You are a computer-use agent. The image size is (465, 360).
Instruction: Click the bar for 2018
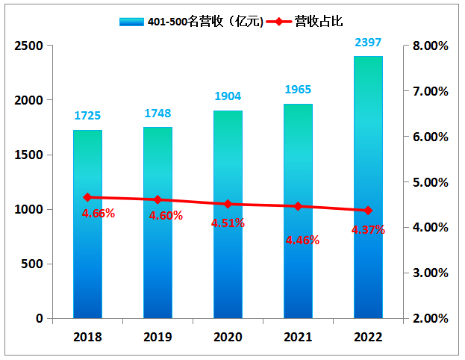(x=87, y=224)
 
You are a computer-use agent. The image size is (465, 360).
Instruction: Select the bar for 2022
(x=368, y=187)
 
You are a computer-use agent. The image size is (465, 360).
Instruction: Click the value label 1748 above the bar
(x=157, y=114)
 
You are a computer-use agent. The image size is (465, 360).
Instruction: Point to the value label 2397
(x=368, y=43)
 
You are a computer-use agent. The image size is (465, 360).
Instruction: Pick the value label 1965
(x=298, y=90)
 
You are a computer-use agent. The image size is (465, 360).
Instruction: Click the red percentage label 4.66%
(x=99, y=214)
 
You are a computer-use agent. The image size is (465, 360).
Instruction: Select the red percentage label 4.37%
(x=368, y=230)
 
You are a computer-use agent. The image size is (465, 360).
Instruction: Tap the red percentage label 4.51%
(x=228, y=223)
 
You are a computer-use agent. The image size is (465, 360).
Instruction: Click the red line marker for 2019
(x=157, y=199)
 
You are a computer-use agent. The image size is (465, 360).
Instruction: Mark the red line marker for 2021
(x=298, y=206)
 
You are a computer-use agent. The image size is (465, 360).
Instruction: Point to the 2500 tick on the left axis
(x=29, y=46)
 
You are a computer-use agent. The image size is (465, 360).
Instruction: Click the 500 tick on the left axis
(x=33, y=264)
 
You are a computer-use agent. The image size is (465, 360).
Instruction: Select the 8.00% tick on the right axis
(x=431, y=46)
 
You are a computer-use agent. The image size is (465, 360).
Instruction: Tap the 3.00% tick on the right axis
(x=431, y=273)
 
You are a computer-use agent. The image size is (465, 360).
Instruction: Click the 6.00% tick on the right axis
(x=431, y=137)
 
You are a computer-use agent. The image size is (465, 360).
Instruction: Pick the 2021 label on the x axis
(x=298, y=336)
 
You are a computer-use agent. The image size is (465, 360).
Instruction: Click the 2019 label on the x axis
(x=157, y=336)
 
